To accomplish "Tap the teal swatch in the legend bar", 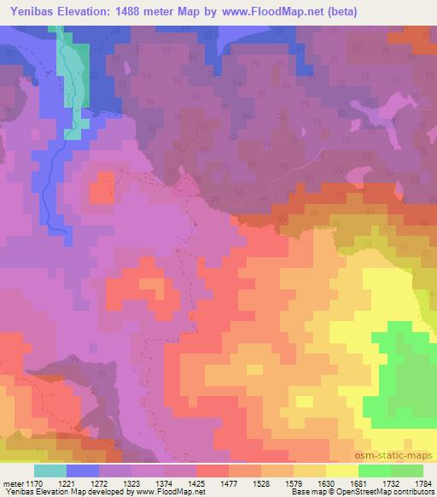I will pos(50,470).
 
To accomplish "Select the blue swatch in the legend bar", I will pos(83,470).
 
